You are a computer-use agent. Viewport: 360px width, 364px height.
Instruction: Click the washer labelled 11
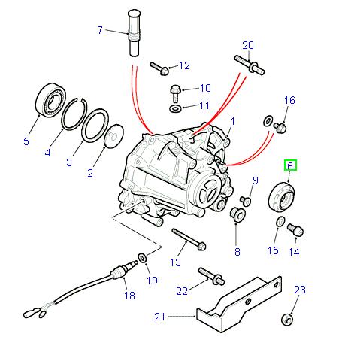click(175, 109)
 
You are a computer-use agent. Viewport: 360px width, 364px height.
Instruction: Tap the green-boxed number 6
click(290, 165)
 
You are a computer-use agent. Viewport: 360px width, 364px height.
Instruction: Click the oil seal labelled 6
click(280, 194)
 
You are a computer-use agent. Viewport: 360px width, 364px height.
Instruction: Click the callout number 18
click(129, 296)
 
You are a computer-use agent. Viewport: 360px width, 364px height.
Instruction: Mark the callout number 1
click(233, 121)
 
